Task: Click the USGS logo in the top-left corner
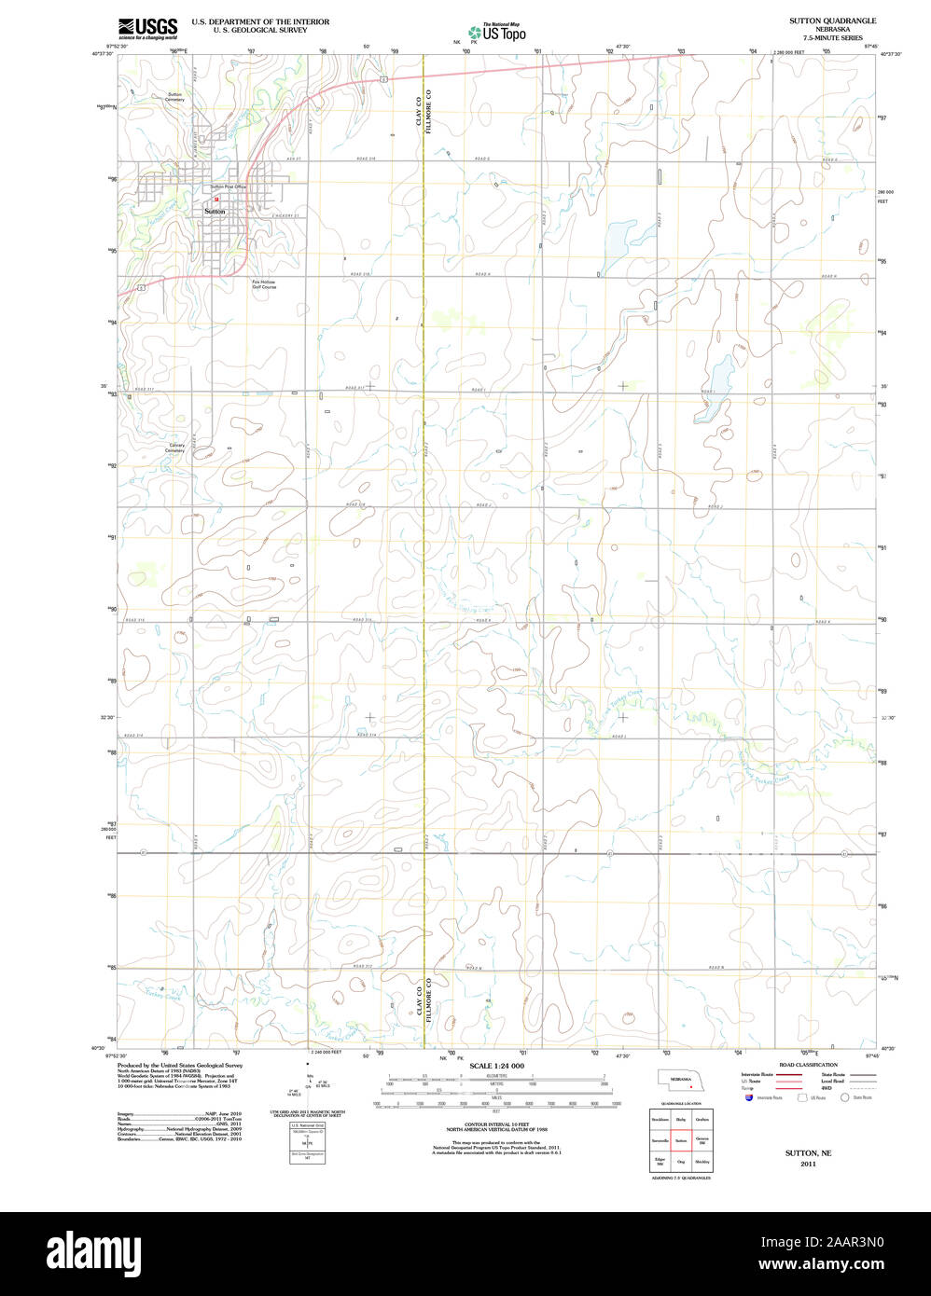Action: (147, 28)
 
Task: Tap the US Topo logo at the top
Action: (497, 32)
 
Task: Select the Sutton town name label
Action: (215, 212)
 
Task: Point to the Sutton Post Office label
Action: (228, 187)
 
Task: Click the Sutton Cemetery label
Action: (175, 96)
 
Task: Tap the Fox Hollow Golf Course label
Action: (264, 283)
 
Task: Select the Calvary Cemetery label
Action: (175, 448)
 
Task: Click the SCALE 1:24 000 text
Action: (496, 1066)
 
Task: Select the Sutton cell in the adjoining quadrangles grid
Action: (681, 1140)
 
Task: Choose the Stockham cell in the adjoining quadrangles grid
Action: (660, 1119)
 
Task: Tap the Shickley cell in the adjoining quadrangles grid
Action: (702, 1162)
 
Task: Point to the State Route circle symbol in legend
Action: (844, 1097)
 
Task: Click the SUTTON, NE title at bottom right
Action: (808, 1153)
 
